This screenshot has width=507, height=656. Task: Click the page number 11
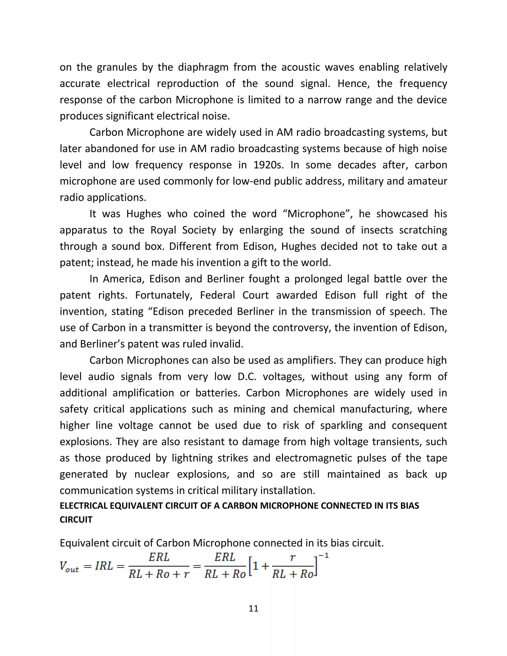(253, 608)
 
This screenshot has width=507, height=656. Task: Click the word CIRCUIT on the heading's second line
(76, 520)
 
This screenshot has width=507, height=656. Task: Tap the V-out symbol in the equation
(69, 567)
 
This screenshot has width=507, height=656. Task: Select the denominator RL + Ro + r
(159, 574)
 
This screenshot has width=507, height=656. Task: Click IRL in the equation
(104, 566)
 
